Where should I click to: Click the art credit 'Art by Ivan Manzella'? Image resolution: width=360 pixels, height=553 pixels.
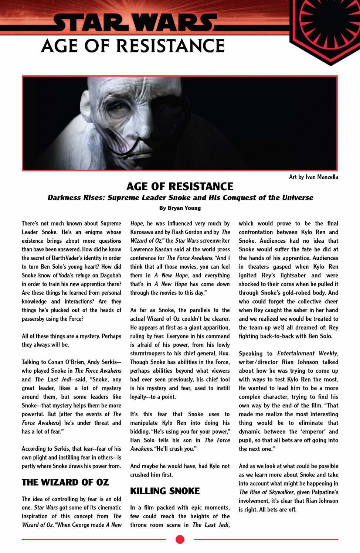pos(313,177)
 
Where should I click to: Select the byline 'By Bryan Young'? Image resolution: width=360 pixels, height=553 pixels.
pos(180,208)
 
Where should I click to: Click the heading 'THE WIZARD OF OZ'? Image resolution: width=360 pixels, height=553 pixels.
pos(65,482)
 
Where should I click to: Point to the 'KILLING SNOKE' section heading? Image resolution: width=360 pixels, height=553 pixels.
pos(165,491)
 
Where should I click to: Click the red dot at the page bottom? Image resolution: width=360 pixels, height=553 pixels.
pos(180,540)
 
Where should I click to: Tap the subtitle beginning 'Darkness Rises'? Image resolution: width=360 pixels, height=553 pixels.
pos(180,198)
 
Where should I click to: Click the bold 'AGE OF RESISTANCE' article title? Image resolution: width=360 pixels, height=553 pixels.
pos(180,187)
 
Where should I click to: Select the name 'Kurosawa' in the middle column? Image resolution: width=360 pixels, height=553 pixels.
pos(142,232)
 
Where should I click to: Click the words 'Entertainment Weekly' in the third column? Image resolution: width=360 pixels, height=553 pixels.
pos(308,354)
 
